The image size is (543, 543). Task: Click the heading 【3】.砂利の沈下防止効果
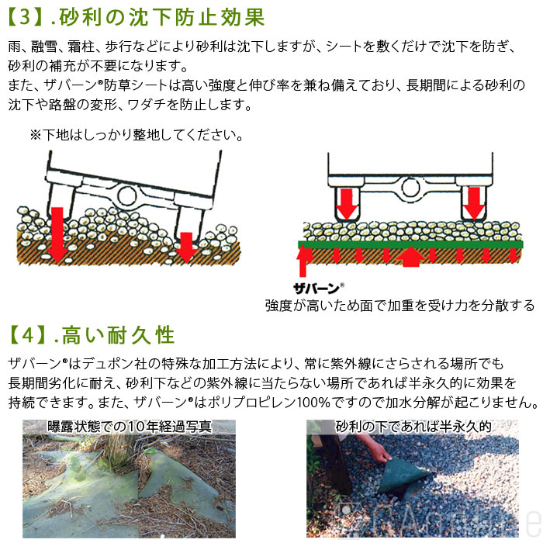136,17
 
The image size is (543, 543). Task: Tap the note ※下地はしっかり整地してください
137,135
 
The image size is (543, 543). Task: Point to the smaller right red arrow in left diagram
185,247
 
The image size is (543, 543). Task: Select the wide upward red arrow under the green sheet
411,257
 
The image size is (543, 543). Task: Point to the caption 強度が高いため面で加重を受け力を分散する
399,304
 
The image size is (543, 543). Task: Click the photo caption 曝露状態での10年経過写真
129,427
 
